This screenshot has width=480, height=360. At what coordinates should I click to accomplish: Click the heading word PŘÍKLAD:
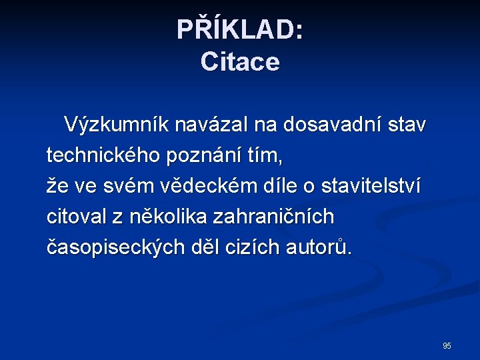(240, 30)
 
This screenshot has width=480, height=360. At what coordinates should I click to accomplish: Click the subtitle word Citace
(240, 63)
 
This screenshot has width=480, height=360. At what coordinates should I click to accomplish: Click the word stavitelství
(371, 187)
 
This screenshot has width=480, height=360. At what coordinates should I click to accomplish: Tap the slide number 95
(447, 346)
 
